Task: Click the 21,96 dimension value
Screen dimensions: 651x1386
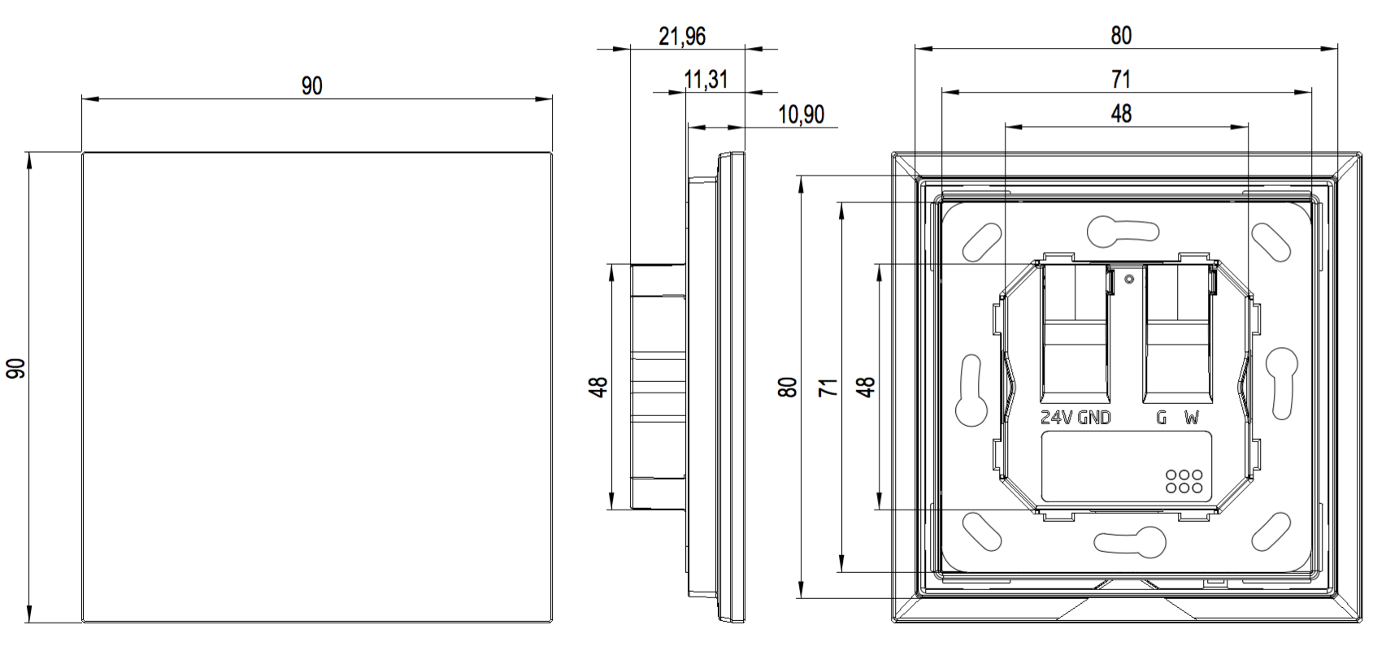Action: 681,37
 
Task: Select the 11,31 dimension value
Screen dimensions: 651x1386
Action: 706,80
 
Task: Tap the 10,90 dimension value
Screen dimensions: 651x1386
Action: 801,115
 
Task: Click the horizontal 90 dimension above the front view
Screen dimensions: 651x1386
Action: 312,86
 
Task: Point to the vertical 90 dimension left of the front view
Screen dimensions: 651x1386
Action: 16,368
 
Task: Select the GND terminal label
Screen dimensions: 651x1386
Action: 1094,419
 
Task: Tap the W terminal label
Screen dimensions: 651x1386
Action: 1192,419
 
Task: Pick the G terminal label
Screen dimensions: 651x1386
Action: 1162,419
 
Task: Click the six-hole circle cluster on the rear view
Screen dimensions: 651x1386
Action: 1184,480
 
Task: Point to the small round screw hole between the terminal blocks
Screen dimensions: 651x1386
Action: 1128,280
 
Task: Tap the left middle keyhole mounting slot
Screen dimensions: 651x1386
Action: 971,388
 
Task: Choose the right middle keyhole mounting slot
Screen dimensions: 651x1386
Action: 1284,380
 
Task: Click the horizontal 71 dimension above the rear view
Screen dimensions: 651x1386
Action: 1121,79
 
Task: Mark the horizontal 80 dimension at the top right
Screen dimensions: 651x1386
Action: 1121,36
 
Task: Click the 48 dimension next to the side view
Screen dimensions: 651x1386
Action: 599,386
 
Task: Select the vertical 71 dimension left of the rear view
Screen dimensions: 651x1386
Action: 828,386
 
